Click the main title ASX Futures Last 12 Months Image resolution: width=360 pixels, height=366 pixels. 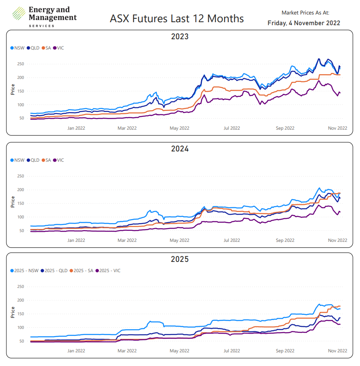pyautogui.click(x=177, y=19)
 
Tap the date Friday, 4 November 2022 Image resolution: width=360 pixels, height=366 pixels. pyautogui.click(x=304, y=23)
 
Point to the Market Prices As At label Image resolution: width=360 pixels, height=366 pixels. pyautogui.click(x=305, y=13)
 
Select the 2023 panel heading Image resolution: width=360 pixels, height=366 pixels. pyautogui.click(x=179, y=37)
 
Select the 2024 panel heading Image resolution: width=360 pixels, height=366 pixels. pyautogui.click(x=179, y=149)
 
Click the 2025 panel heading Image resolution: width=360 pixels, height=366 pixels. pyautogui.click(x=179, y=259)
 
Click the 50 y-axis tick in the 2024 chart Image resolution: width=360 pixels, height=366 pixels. pyautogui.click(x=21, y=231)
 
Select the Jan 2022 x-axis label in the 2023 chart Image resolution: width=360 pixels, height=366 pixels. pyautogui.click(x=77, y=128)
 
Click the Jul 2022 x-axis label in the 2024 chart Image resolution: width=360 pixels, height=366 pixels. pyautogui.click(x=232, y=240)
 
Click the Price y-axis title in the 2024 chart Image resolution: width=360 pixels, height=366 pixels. pyautogui.click(x=13, y=202)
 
